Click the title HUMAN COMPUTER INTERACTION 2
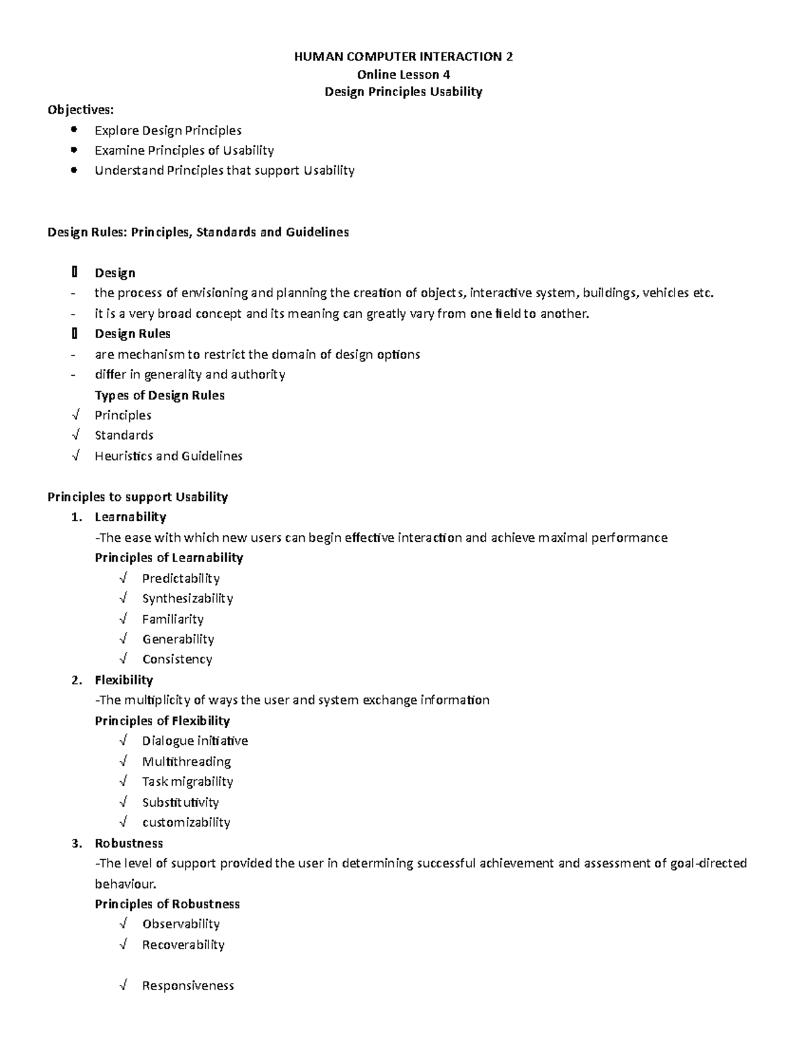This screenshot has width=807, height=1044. pos(403,57)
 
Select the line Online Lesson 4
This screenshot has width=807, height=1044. pos(403,75)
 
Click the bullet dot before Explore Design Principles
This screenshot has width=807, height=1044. pos(73,130)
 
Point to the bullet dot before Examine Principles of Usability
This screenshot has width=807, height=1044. pos(73,150)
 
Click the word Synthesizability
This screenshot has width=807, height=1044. pos(187,598)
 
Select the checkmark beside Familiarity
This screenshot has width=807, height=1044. pos(123,618)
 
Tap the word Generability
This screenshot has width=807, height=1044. pos(178,639)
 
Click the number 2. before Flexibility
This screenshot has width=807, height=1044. pos(77,680)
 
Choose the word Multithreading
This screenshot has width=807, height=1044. pos(186,762)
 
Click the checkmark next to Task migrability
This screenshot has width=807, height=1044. pos(123,781)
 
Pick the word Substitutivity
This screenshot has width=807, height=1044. pos(180,802)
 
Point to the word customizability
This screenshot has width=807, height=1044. pos(186,822)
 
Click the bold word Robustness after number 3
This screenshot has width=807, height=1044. pos(128,843)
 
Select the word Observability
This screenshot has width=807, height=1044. pos(181,924)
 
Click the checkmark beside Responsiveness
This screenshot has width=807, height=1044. pos(123,986)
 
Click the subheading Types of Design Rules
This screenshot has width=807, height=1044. pos(159,395)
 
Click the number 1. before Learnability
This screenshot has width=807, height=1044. pos(77,517)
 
